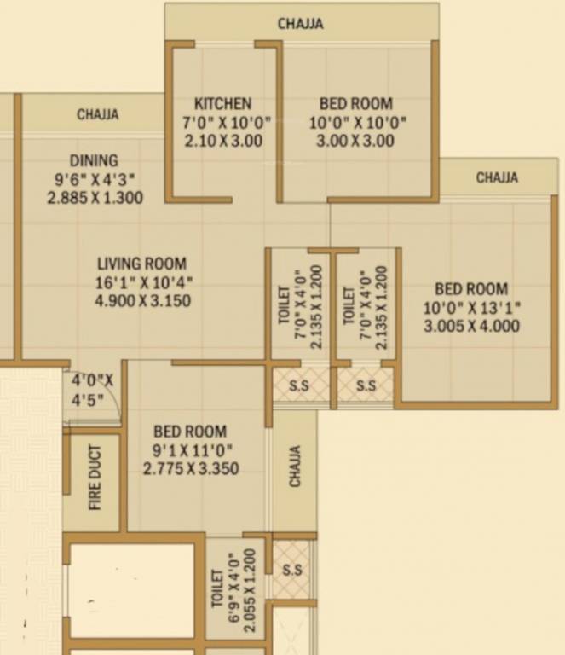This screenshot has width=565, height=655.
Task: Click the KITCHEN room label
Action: [222, 103]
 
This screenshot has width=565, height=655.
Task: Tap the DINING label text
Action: [94, 160]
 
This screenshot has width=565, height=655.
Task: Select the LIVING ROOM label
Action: [141, 264]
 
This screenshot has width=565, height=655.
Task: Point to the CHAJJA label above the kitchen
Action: [300, 24]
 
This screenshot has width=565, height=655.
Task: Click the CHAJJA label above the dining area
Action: [98, 114]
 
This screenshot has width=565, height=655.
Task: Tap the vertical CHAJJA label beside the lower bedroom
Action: [295, 467]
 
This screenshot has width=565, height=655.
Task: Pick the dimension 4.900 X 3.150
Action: [143, 300]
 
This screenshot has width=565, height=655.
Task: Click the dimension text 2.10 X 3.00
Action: [223, 141]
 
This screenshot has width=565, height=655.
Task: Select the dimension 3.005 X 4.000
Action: [471, 326]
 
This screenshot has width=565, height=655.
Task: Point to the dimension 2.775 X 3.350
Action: [190, 467]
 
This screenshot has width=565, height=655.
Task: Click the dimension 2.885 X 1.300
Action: [95, 197]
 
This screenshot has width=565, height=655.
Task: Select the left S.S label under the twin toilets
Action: [299, 386]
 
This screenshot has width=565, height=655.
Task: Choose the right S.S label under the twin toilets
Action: [366, 386]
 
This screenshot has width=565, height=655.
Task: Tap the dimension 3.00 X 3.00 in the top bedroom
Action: [355, 141]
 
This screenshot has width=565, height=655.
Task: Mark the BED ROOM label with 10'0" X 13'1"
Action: [471, 289]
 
